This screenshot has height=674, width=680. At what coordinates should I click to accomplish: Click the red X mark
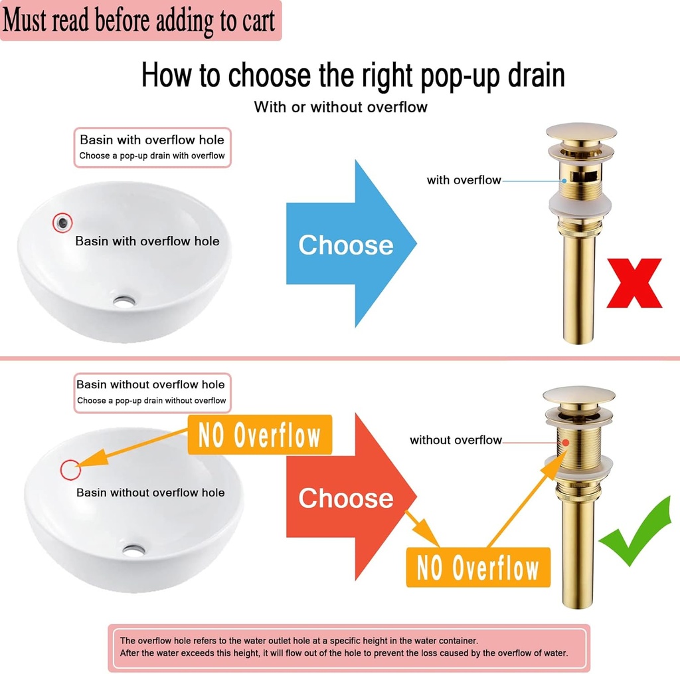[634, 282]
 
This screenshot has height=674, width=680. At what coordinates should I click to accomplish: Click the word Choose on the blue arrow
[345, 245]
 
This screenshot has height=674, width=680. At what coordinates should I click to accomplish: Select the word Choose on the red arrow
[345, 498]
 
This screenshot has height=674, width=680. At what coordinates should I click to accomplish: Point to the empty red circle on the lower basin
[70, 469]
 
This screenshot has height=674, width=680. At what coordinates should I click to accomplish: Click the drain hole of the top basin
[124, 301]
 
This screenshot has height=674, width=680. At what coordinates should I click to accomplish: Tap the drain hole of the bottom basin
[133, 550]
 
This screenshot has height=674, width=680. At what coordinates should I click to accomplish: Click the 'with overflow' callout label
[464, 180]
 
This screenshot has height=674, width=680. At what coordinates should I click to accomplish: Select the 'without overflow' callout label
[456, 440]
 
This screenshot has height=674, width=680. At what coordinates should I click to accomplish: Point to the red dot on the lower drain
[565, 441]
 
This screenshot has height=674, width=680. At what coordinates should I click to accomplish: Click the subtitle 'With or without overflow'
[341, 106]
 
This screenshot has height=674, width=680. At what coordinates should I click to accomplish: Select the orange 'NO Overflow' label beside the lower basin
[260, 435]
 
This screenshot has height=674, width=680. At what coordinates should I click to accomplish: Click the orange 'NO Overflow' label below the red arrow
[478, 568]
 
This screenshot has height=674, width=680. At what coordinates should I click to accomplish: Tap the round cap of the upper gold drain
[581, 131]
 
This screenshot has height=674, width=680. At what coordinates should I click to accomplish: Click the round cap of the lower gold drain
[578, 395]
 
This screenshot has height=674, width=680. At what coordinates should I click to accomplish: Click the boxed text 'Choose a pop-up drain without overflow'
[151, 401]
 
